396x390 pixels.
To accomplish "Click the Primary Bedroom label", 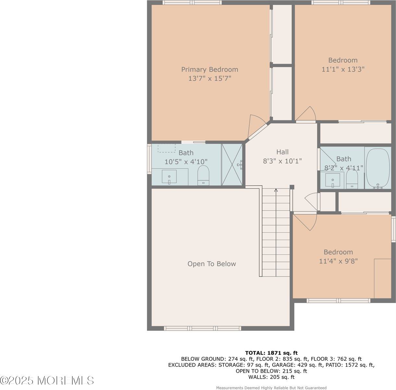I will click(209, 70).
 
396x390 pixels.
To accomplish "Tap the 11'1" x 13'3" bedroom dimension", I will click(343, 69).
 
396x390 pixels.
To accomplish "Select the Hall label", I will click(282, 152).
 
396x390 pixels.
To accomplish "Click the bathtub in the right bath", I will click(378, 168).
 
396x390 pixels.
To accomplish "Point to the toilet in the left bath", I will click(204, 175).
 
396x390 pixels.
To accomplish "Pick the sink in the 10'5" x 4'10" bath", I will click(169, 176).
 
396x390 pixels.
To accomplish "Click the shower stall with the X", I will click(232, 165).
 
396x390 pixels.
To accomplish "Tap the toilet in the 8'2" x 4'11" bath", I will click(352, 179).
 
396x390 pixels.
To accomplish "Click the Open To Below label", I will click(212, 264).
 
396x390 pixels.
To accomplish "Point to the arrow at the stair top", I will click(276, 190).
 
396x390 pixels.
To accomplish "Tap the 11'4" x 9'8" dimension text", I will click(338, 261).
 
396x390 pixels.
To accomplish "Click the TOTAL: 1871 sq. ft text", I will click(271, 353).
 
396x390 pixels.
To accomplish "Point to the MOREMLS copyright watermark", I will click(47, 381).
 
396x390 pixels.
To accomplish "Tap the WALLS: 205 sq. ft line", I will click(271, 377).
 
